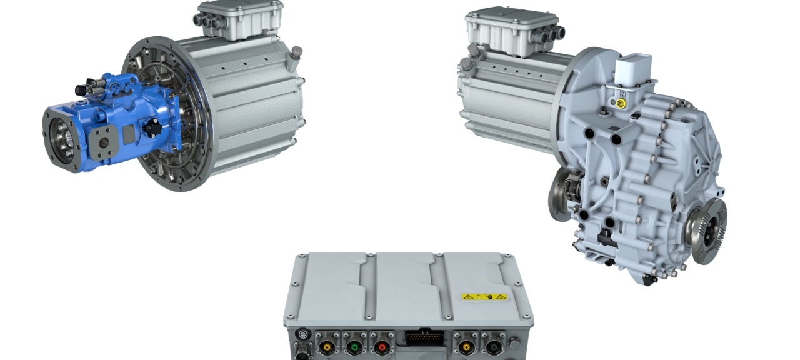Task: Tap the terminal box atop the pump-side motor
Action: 230,22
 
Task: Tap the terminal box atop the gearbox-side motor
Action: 504,31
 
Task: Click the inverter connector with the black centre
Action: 492,345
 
